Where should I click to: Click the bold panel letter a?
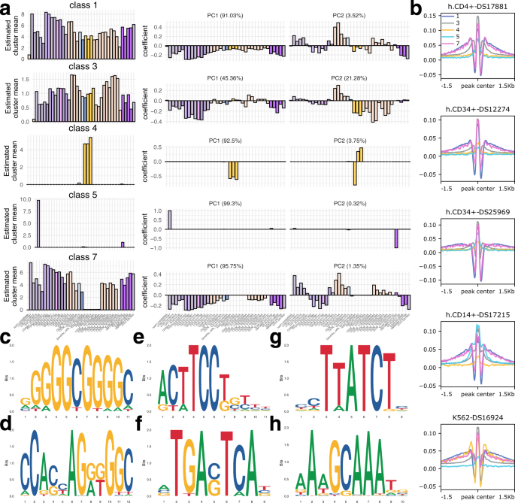pyautogui.click(x=6, y=8)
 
